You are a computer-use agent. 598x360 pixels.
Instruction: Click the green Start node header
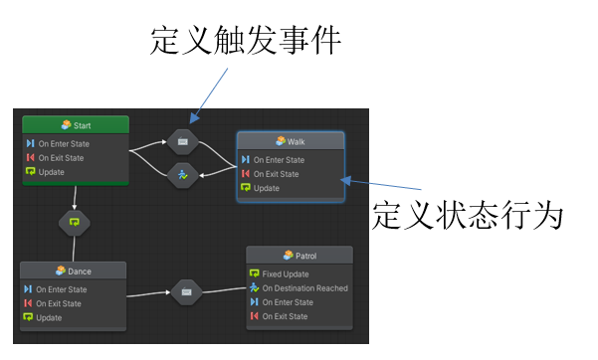[x=76, y=124]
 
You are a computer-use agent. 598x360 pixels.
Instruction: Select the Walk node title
[x=291, y=141]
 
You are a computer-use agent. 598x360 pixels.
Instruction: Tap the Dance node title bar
[x=74, y=270]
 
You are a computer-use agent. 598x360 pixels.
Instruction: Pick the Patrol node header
[x=299, y=256]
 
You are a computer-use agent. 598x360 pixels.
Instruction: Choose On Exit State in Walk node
[x=279, y=174]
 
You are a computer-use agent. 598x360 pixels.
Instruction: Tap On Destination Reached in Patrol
[x=304, y=288]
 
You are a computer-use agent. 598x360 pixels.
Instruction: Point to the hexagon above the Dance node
[x=74, y=222]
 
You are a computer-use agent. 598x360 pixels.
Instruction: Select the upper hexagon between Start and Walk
[x=183, y=142]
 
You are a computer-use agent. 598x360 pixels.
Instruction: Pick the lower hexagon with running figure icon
[x=183, y=174]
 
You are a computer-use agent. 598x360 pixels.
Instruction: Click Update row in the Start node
[x=52, y=172]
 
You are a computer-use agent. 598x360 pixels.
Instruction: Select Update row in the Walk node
[x=267, y=188]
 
